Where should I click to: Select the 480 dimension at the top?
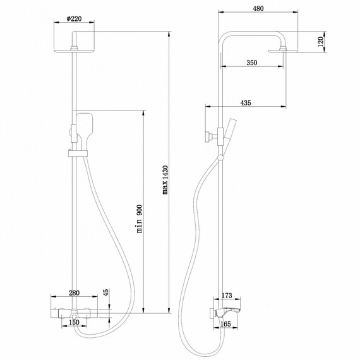257,9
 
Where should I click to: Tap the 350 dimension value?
252,63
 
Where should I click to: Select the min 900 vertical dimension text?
140,219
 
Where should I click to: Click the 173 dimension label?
228,296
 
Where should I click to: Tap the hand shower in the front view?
85,127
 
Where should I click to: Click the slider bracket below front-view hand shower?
75,152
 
